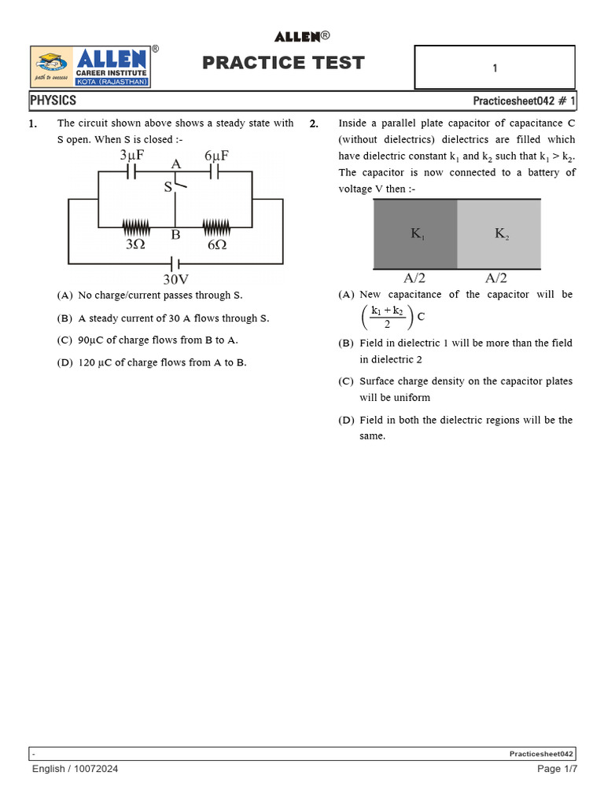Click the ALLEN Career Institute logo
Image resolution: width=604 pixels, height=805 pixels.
point(90,67)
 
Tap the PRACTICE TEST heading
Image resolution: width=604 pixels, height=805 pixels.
point(283,63)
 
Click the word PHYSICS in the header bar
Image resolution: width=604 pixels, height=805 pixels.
point(53,101)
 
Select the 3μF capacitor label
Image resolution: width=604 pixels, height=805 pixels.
point(131,156)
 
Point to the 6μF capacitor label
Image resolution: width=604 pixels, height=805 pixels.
point(216,156)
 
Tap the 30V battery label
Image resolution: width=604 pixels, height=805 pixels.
point(175,279)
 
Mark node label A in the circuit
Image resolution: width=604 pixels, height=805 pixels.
point(175,164)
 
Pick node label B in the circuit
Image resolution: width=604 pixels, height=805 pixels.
point(175,234)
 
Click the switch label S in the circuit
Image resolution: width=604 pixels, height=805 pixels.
point(168,187)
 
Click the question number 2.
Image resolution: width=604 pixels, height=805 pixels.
point(314,124)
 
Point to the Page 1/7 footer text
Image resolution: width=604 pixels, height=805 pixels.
point(557,769)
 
